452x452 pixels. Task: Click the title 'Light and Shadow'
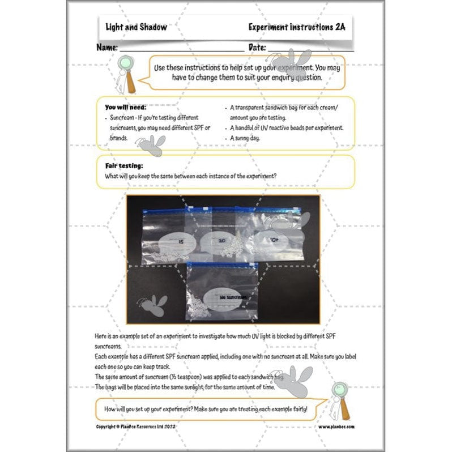click(136, 27)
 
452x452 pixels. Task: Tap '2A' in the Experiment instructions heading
click(338, 27)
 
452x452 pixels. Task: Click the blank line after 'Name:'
click(181, 49)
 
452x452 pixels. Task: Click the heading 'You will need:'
click(125, 107)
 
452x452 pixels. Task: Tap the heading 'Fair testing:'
click(123, 166)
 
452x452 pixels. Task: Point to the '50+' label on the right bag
click(271, 240)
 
